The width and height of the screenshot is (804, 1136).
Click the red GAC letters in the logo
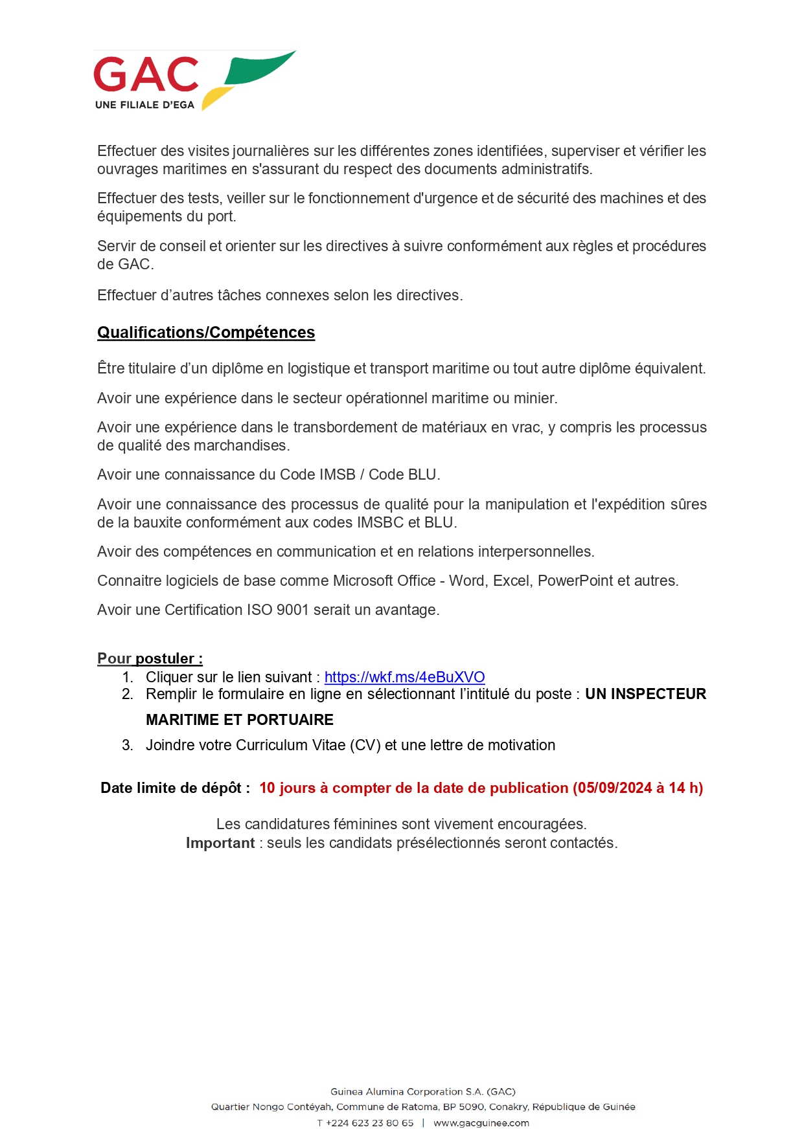point(146,74)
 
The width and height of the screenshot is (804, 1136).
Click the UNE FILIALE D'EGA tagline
point(144,105)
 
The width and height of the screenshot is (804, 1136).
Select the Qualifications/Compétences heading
point(206,333)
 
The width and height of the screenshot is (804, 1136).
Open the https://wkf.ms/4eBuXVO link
point(404,677)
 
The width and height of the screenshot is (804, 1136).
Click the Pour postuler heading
point(150,659)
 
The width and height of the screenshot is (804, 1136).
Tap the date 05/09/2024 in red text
point(614,788)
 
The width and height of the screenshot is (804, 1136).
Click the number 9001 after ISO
point(292,610)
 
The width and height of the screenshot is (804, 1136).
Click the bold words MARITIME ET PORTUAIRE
point(240,720)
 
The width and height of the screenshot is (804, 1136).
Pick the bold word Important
point(220,843)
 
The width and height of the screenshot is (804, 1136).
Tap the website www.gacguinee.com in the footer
point(481,1123)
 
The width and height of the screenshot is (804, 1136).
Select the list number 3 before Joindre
point(127,745)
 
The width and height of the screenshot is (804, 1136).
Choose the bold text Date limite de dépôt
point(175,788)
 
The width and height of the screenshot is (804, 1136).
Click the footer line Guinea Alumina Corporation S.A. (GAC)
point(423,1092)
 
